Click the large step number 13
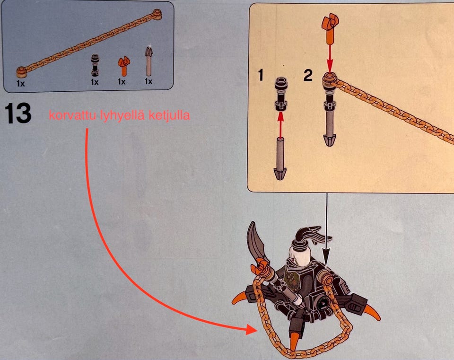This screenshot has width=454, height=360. (18, 114)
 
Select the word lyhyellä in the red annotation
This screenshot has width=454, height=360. (122, 116)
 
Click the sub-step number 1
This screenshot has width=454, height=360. (261, 75)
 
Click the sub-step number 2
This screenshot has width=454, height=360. (308, 75)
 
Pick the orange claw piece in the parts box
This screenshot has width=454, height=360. (123, 66)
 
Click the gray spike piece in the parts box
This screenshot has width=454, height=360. (148, 61)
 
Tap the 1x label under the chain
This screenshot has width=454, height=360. (21, 84)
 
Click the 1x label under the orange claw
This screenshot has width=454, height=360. (122, 82)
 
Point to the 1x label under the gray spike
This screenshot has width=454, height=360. (148, 81)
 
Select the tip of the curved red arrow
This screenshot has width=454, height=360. (257, 330)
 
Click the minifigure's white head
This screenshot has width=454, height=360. (299, 255)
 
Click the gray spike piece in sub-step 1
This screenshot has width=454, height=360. (280, 159)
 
